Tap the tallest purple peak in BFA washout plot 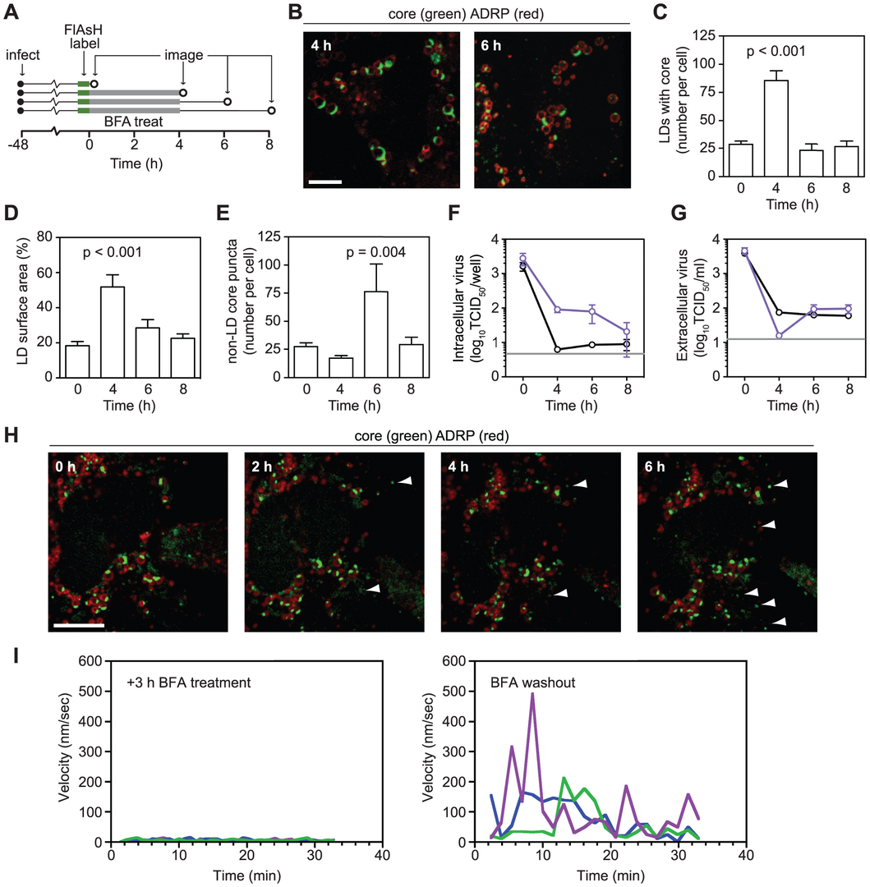click(x=532, y=694)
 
